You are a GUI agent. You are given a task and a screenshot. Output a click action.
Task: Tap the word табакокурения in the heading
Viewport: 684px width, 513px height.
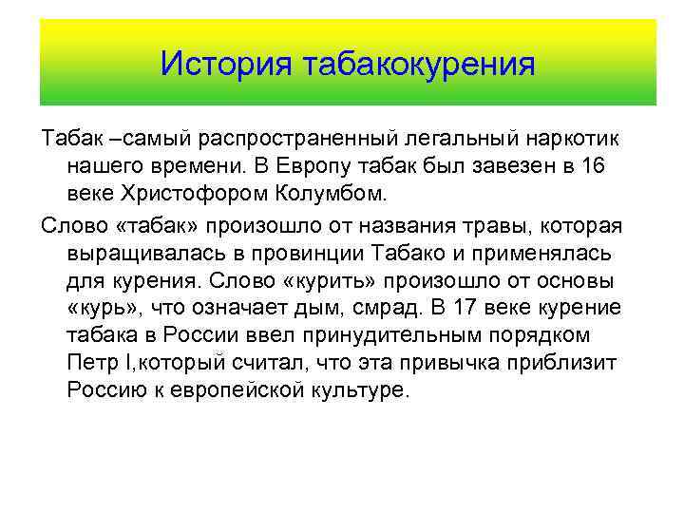click(418, 64)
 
